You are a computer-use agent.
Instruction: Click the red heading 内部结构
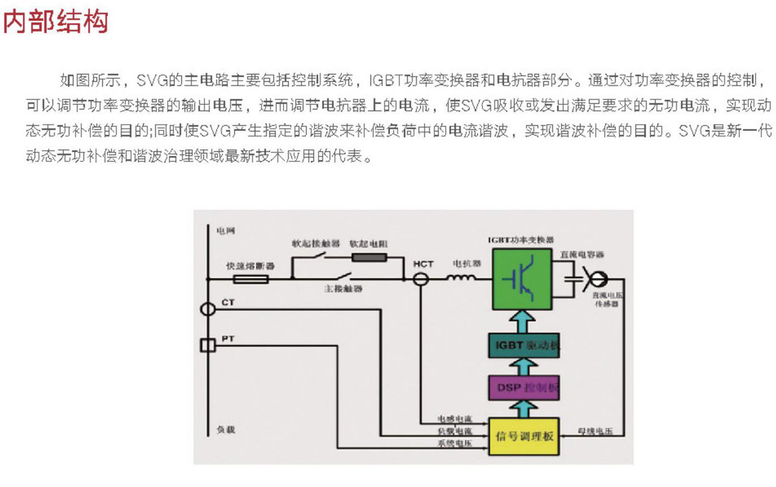pos(56,21)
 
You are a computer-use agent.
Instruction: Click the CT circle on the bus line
pos(207,310)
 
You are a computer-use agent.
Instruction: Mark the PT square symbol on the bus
pos(207,346)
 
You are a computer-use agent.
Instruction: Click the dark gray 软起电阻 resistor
pos(369,257)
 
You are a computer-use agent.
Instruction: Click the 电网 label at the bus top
pos(226,231)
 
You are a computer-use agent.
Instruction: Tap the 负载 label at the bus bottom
pos(226,430)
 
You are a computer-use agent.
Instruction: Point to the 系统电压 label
pos(454,443)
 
